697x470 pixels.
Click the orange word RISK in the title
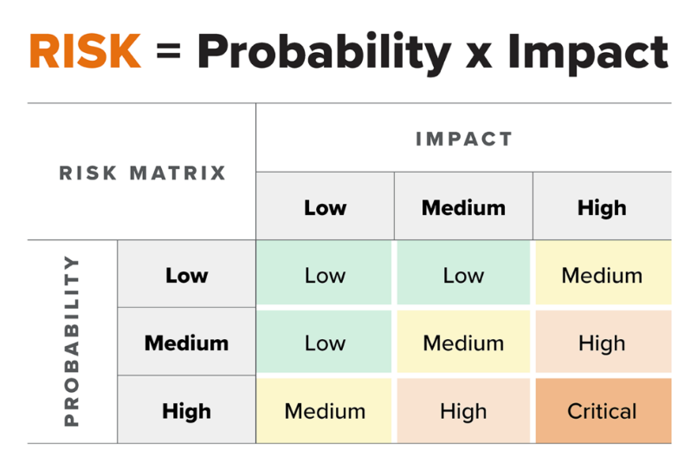click(x=86, y=51)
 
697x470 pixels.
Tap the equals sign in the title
click(x=169, y=51)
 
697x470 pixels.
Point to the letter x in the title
click(x=479, y=56)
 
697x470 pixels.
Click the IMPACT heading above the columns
click(x=463, y=139)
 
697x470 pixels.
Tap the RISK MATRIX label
click(x=142, y=173)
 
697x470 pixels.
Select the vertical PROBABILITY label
click(x=72, y=341)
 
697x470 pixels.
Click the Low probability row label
click(x=187, y=274)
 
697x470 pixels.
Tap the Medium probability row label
click(x=187, y=342)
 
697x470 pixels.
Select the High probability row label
click(x=187, y=410)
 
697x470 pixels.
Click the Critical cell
click(x=603, y=411)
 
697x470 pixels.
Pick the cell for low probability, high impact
click(x=603, y=273)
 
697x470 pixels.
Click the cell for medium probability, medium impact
click(x=463, y=342)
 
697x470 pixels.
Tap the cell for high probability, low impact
click(x=324, y=411)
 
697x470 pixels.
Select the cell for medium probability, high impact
click(x=603, y=342)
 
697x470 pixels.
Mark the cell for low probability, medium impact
click(x=463, y=273)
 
